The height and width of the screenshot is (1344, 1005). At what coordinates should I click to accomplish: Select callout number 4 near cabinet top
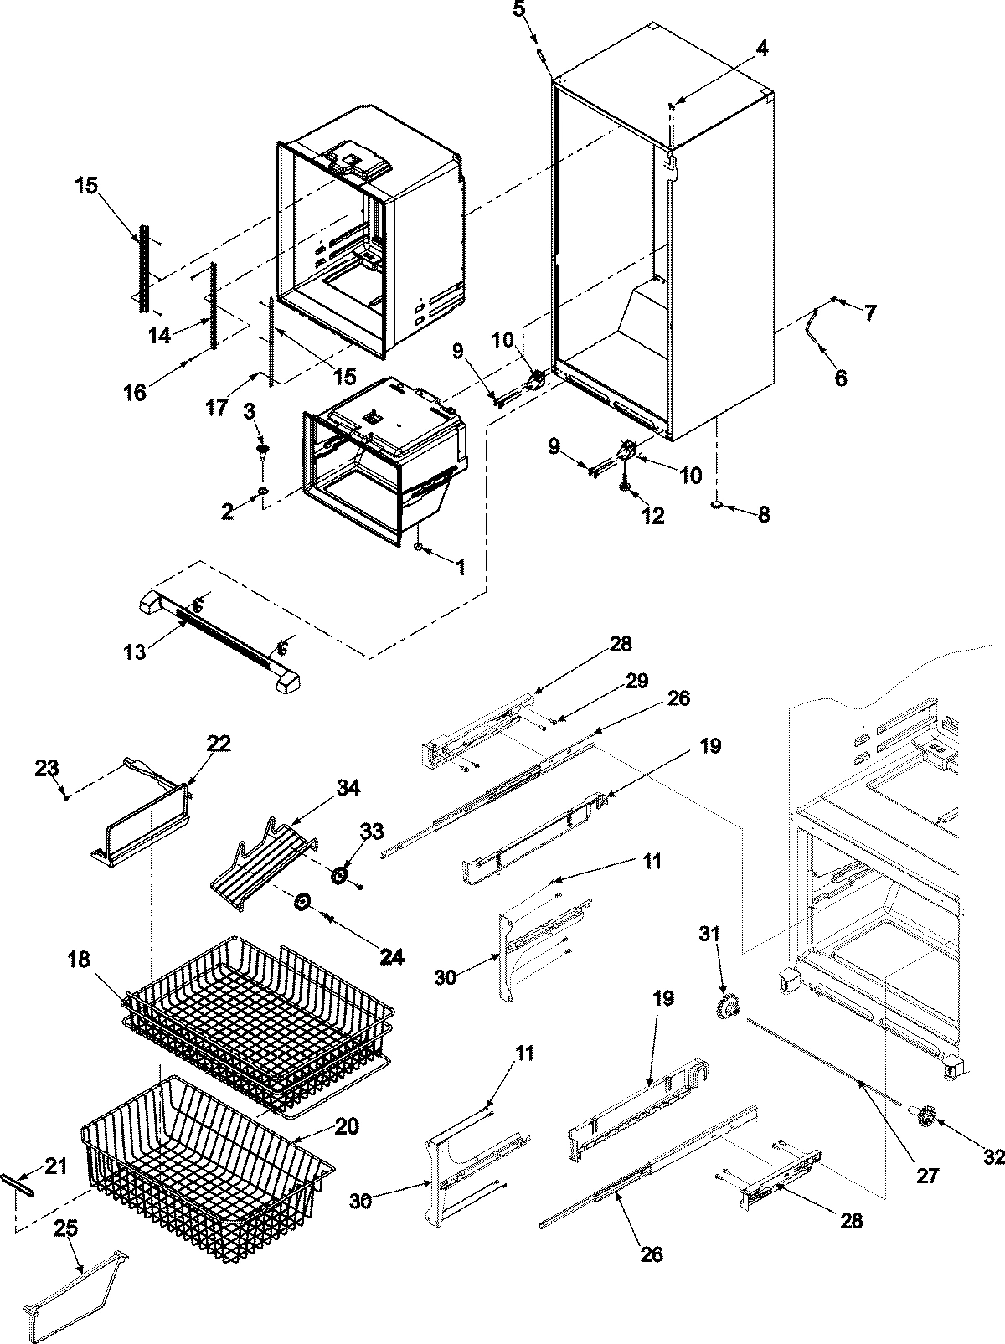760,49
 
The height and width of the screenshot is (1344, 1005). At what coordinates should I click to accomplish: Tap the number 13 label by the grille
134,651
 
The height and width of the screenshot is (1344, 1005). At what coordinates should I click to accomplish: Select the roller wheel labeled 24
301,902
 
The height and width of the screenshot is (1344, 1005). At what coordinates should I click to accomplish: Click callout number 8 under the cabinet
763,514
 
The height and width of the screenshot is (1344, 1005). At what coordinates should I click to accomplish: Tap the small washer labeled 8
718,506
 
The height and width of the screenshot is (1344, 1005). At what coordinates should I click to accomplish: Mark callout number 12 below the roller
652,516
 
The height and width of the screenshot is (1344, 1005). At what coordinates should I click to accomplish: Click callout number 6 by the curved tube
840,378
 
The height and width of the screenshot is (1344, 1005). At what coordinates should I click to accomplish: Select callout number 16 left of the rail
135,390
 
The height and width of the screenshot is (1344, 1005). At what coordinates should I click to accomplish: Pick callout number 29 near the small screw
636,682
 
